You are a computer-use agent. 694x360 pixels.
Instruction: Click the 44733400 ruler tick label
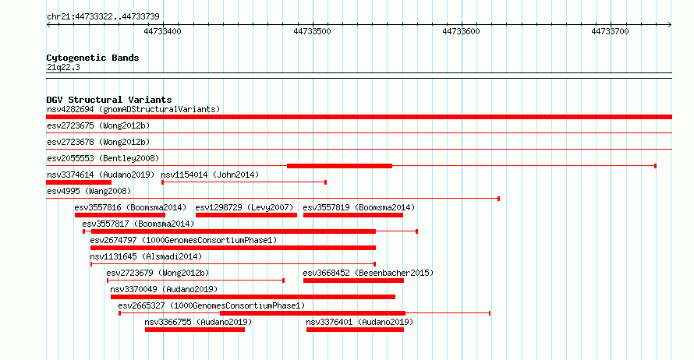click(x=162, y=31)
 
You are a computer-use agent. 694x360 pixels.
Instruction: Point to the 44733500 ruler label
click(x=312, y=31)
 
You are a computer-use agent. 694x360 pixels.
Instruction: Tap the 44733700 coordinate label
click(x=610, y=31)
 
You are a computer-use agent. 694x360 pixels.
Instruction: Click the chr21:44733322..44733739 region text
click(x=103, y=17)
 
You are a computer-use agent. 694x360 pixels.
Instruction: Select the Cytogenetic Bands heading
click(x=93, y=58)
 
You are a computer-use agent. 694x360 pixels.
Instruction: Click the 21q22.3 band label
click(x=63, y=67)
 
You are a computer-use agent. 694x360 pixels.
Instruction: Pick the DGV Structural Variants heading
click(x=109, y=100)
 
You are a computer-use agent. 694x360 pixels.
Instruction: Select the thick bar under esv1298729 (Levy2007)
click(x=246, y=215)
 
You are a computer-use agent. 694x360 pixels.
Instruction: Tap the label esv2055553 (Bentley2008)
click(x=103, y=158)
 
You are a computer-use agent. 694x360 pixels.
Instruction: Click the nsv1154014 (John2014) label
click(x=210, y=175)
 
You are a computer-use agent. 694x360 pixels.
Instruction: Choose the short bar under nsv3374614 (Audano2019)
click(x=79, y=182)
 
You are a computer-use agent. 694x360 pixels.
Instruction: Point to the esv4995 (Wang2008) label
click(x=89, y=191)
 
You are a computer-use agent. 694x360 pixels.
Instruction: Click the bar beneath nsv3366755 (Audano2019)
click(x=195, y=330)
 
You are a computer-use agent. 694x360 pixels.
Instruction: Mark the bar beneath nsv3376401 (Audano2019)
click(x=355, y=330)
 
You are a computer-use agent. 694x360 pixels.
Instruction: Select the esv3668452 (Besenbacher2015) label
click(x=368, y=273)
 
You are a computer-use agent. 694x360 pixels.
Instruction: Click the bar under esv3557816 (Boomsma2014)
click(x=120, y=215)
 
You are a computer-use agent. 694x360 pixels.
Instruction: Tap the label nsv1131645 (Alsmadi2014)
click(x=146, y=256)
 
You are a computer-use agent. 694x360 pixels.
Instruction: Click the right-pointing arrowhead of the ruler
click(x=670, y=25)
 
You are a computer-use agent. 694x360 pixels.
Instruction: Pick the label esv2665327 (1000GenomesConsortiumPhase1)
click(x=211, y=305)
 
